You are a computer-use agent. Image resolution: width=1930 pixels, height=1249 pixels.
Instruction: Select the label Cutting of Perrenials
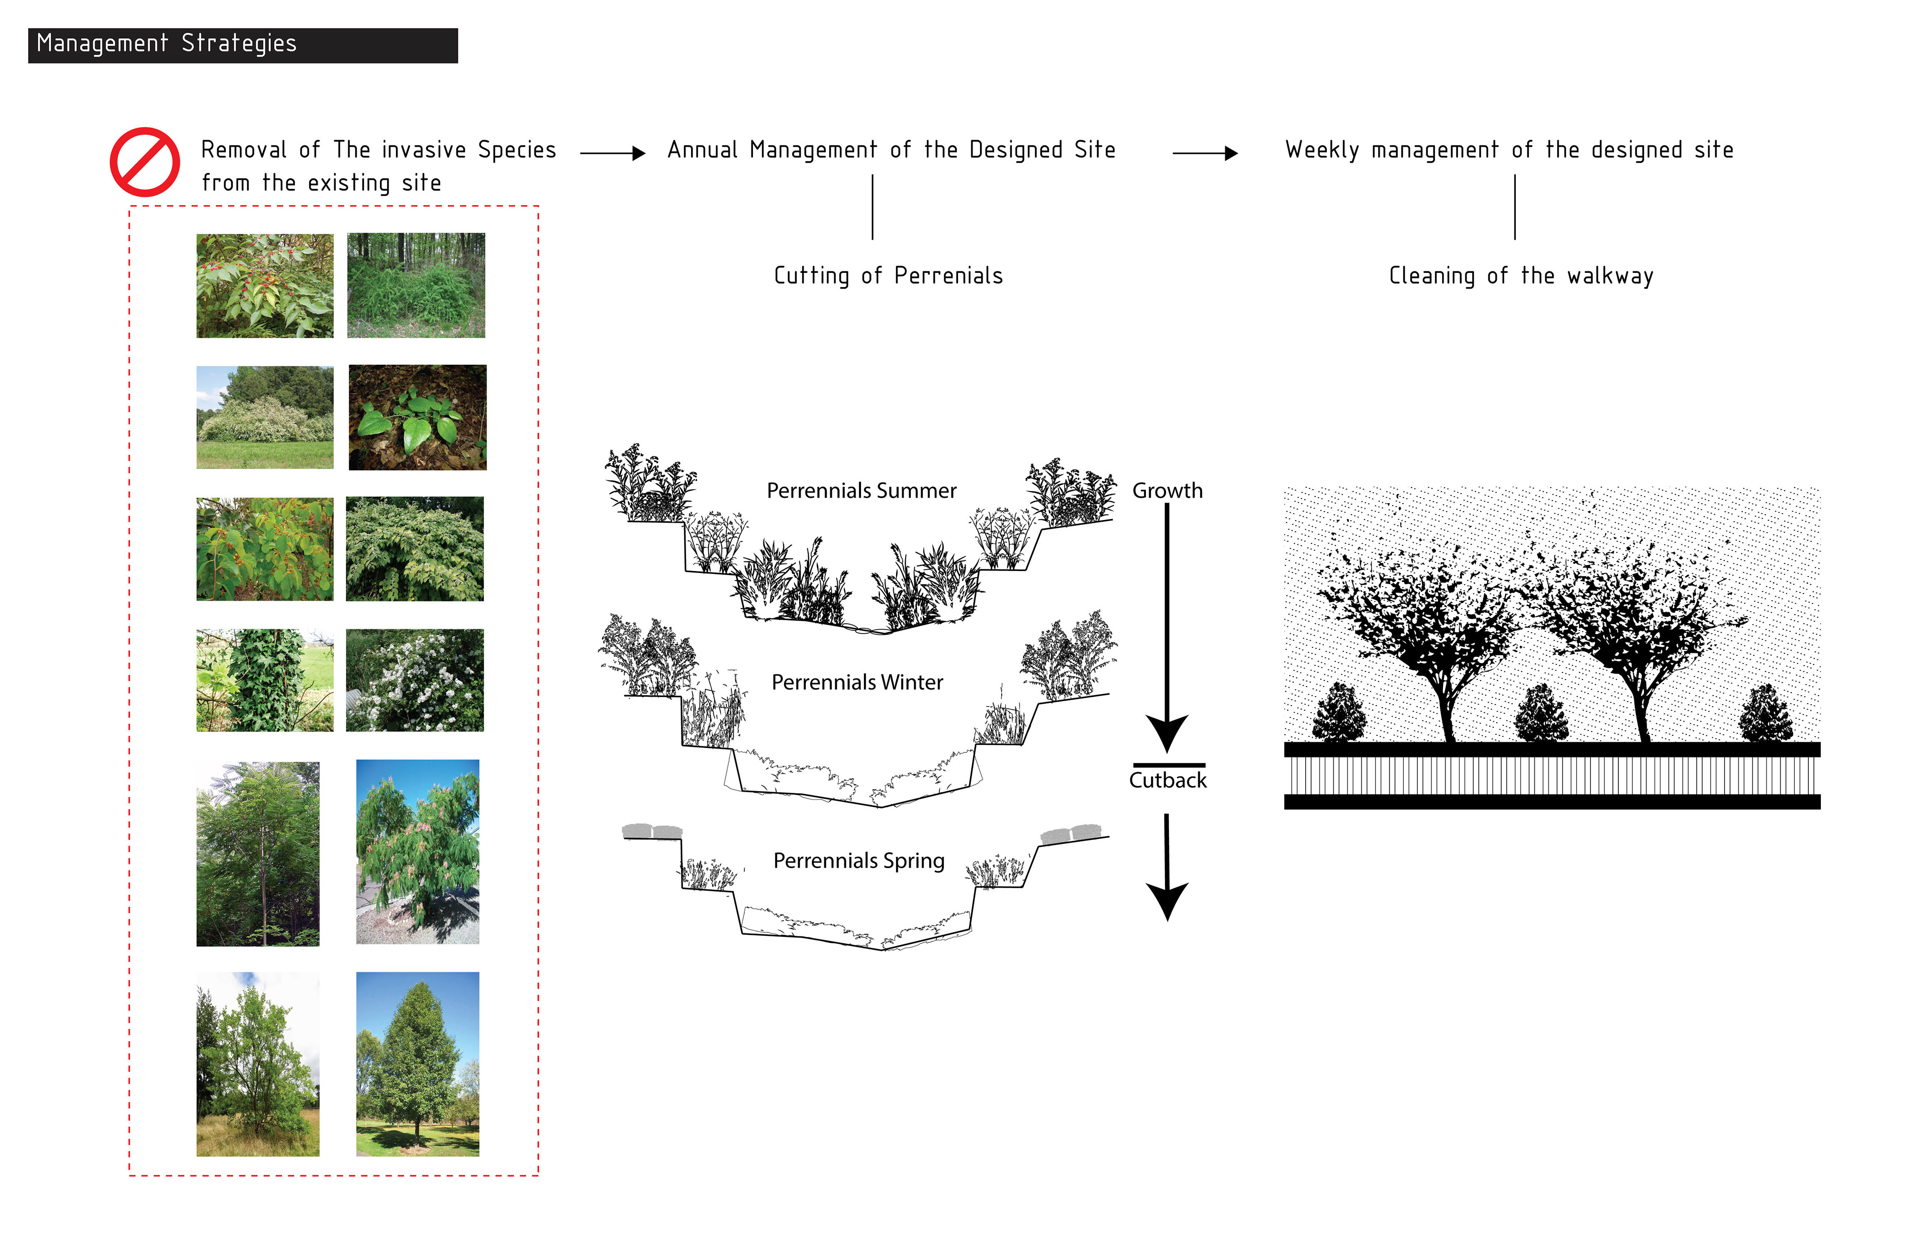[x=888, y=276]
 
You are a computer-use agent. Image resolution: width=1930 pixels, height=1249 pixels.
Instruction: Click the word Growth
[x=1167, y=491]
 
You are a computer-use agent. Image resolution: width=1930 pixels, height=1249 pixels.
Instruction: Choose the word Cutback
[x=1168, y=780]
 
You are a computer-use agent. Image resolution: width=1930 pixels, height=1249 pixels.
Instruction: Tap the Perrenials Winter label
[x=857, y=682]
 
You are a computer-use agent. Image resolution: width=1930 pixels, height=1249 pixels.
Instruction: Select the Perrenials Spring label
[x=859, y=860]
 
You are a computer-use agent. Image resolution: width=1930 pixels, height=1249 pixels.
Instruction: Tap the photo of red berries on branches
[x=264, y=285]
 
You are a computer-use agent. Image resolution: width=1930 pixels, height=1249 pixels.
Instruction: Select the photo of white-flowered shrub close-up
[x=414, y=680]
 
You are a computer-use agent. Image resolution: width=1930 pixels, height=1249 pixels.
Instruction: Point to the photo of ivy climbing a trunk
[x=264, y=680]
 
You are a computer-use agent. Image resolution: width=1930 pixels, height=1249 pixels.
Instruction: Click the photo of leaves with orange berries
[x=264, y=549]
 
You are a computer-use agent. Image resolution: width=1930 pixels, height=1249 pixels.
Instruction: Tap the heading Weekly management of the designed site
[x=1509, y=150]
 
